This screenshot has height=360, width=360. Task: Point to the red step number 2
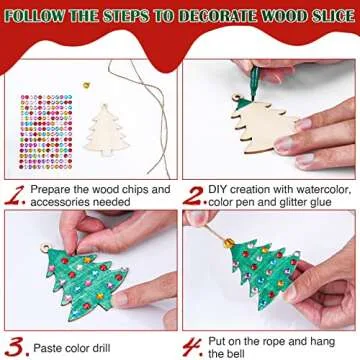[x=195, y=189]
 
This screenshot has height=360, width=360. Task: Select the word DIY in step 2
[x=221, y=187]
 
